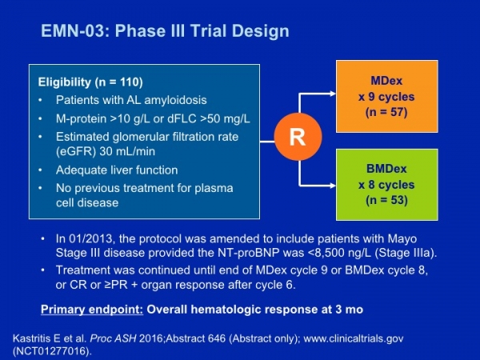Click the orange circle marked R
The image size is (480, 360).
(298, 137)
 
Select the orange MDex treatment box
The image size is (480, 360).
(387, 97)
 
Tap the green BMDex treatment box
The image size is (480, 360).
(387, 185)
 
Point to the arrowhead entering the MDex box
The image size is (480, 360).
(333, 94)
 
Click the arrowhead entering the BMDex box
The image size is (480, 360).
(333, 186)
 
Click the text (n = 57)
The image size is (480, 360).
(386, 112)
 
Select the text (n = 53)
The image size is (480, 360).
(386, 200)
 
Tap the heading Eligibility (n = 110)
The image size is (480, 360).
(90, 82)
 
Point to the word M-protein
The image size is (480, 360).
(81, 118)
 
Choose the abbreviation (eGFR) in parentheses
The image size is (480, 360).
(76, 151)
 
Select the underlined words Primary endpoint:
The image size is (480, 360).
(92, 310)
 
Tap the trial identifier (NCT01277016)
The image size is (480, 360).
(52, 351)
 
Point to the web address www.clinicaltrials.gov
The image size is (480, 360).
(354, 338)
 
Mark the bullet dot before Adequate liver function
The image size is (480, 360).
(40, 170)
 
